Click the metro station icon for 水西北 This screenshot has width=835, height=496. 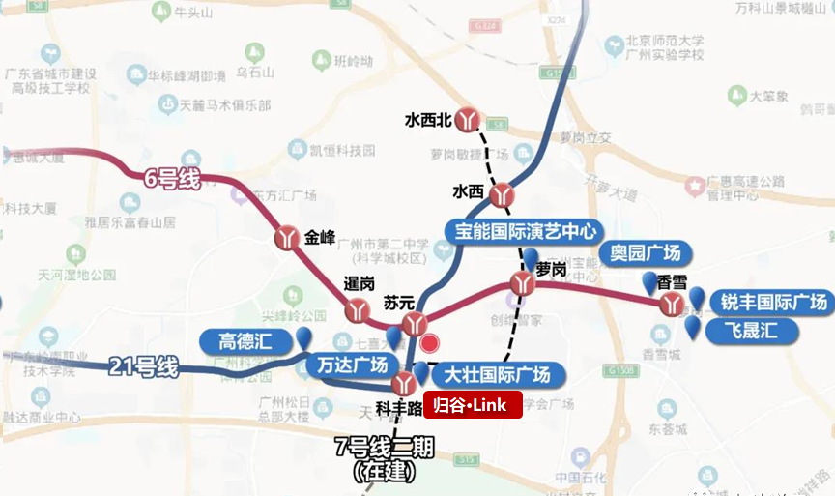[469, 119]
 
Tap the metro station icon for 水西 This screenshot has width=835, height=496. [502, 195]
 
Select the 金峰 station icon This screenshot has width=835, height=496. [288, 238]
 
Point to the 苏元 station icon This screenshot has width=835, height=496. [415, 324]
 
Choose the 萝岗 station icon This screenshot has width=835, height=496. [522, 283]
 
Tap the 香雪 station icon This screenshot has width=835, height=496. [672, 306]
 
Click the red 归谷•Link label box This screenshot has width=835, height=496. [473, 405]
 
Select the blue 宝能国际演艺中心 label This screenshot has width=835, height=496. [523, 231]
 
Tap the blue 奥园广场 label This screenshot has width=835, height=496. [646, 254]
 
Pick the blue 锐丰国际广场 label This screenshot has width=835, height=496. [773, 303]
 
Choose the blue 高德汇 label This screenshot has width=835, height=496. [246, 340]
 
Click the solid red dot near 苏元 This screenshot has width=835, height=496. [430, 342]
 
